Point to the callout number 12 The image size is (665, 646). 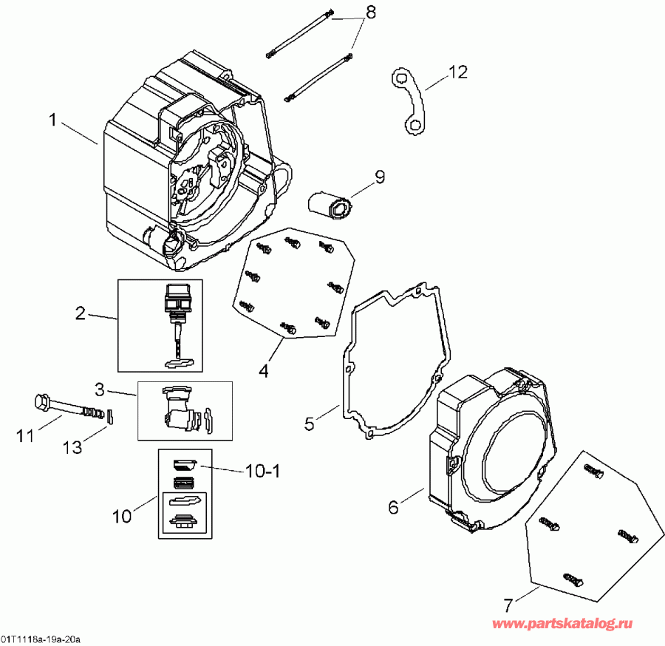457,72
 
